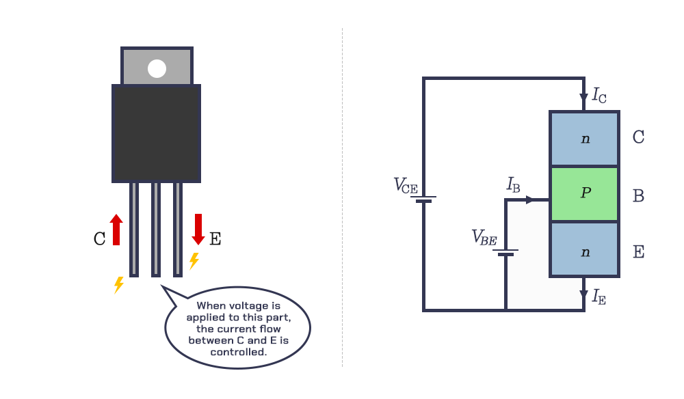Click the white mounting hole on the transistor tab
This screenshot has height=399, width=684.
(157, 68)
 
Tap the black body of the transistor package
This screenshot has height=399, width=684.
(156, 133)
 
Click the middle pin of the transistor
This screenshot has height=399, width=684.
(155, 229)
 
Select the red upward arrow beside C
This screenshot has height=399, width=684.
(116, 230)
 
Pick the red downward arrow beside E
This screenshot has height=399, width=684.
(198, 230)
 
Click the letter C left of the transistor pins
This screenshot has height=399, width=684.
(100, 238)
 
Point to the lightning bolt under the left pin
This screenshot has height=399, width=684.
(119, 285)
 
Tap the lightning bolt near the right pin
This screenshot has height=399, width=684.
(194, 261)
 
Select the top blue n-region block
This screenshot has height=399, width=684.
(584, 139)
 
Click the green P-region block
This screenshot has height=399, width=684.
(584, 194)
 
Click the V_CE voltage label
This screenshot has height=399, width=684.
(405, 186)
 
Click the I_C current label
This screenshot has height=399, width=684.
(599, 95)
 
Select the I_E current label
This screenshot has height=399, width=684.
(598, 297)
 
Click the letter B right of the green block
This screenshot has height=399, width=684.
(638, 196)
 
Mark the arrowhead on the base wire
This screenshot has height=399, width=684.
(531, 200)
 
